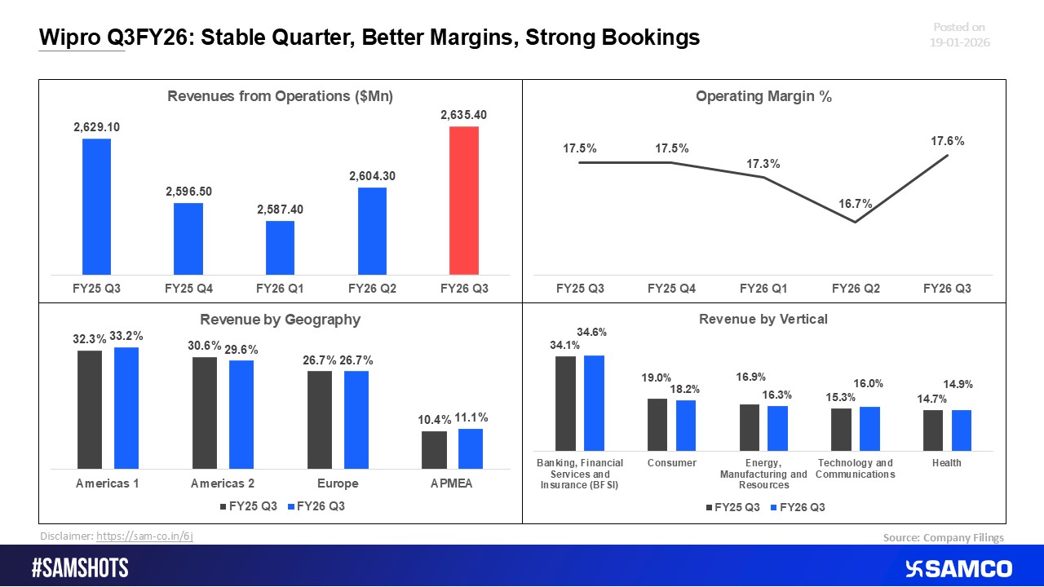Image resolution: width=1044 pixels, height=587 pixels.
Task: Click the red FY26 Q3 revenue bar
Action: (464, 200)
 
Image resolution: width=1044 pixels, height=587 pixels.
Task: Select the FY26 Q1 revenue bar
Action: (280, 247)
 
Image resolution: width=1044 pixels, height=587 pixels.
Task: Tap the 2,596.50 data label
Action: (188, 191)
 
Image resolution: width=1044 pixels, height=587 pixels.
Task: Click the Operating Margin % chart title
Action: (763, 96)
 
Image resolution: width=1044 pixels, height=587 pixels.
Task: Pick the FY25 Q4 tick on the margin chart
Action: (671, 288)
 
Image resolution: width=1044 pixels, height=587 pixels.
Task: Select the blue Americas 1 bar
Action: (126, 408)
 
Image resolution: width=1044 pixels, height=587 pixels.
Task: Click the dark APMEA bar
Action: (434, 450)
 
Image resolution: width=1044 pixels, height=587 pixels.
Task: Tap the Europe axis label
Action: (338, 483)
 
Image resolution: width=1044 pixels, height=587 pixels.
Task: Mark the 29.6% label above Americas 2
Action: (241, 350)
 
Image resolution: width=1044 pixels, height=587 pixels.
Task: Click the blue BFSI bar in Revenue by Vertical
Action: (594, 403)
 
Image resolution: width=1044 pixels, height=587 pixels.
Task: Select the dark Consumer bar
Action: (657, 424)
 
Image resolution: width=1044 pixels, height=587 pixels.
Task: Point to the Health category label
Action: (946, 463)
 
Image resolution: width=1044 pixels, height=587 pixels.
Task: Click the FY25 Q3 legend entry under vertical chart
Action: (732, 507)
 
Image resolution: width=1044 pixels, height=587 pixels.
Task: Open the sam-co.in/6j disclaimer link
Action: (144, 536)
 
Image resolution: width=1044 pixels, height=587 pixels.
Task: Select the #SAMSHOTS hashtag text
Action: (80, 568)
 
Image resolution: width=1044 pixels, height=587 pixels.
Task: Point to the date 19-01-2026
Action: (961, 42)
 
